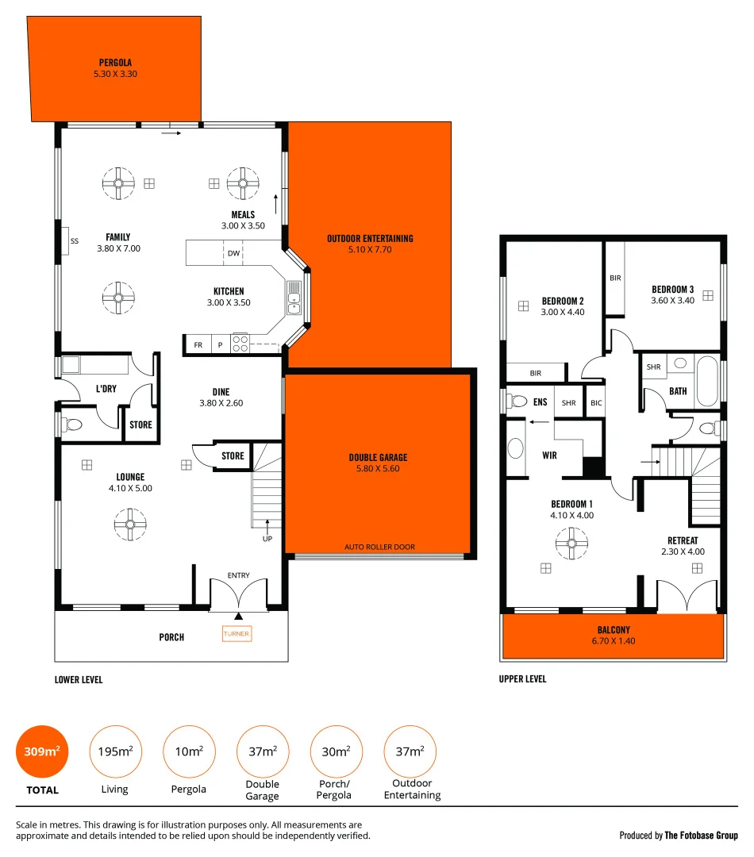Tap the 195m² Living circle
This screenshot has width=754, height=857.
(116, 751)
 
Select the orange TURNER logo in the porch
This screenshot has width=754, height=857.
(237, 634)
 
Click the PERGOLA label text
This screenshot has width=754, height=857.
(115, 62)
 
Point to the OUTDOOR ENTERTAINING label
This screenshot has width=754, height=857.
(370, 238)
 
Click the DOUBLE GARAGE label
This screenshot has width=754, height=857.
(378, 457)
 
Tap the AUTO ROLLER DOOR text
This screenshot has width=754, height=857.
(379, 547)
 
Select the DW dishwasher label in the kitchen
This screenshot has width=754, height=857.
(233, 254)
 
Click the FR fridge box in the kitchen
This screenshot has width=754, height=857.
(198, 345)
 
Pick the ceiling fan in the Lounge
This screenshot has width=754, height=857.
(129, 522)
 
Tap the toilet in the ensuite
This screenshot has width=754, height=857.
(518, 402)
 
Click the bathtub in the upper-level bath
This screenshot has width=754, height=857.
(706, 381)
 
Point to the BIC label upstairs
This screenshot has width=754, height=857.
(596, 403)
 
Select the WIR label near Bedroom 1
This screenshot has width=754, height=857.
(549, 455)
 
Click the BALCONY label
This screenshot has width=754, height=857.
(614, 630)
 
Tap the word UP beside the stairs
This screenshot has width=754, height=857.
(267, 539)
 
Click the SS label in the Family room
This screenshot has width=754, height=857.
(75, 240)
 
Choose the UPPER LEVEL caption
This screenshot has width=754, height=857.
(522, 679)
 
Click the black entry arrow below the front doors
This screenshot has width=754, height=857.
(238, 617)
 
